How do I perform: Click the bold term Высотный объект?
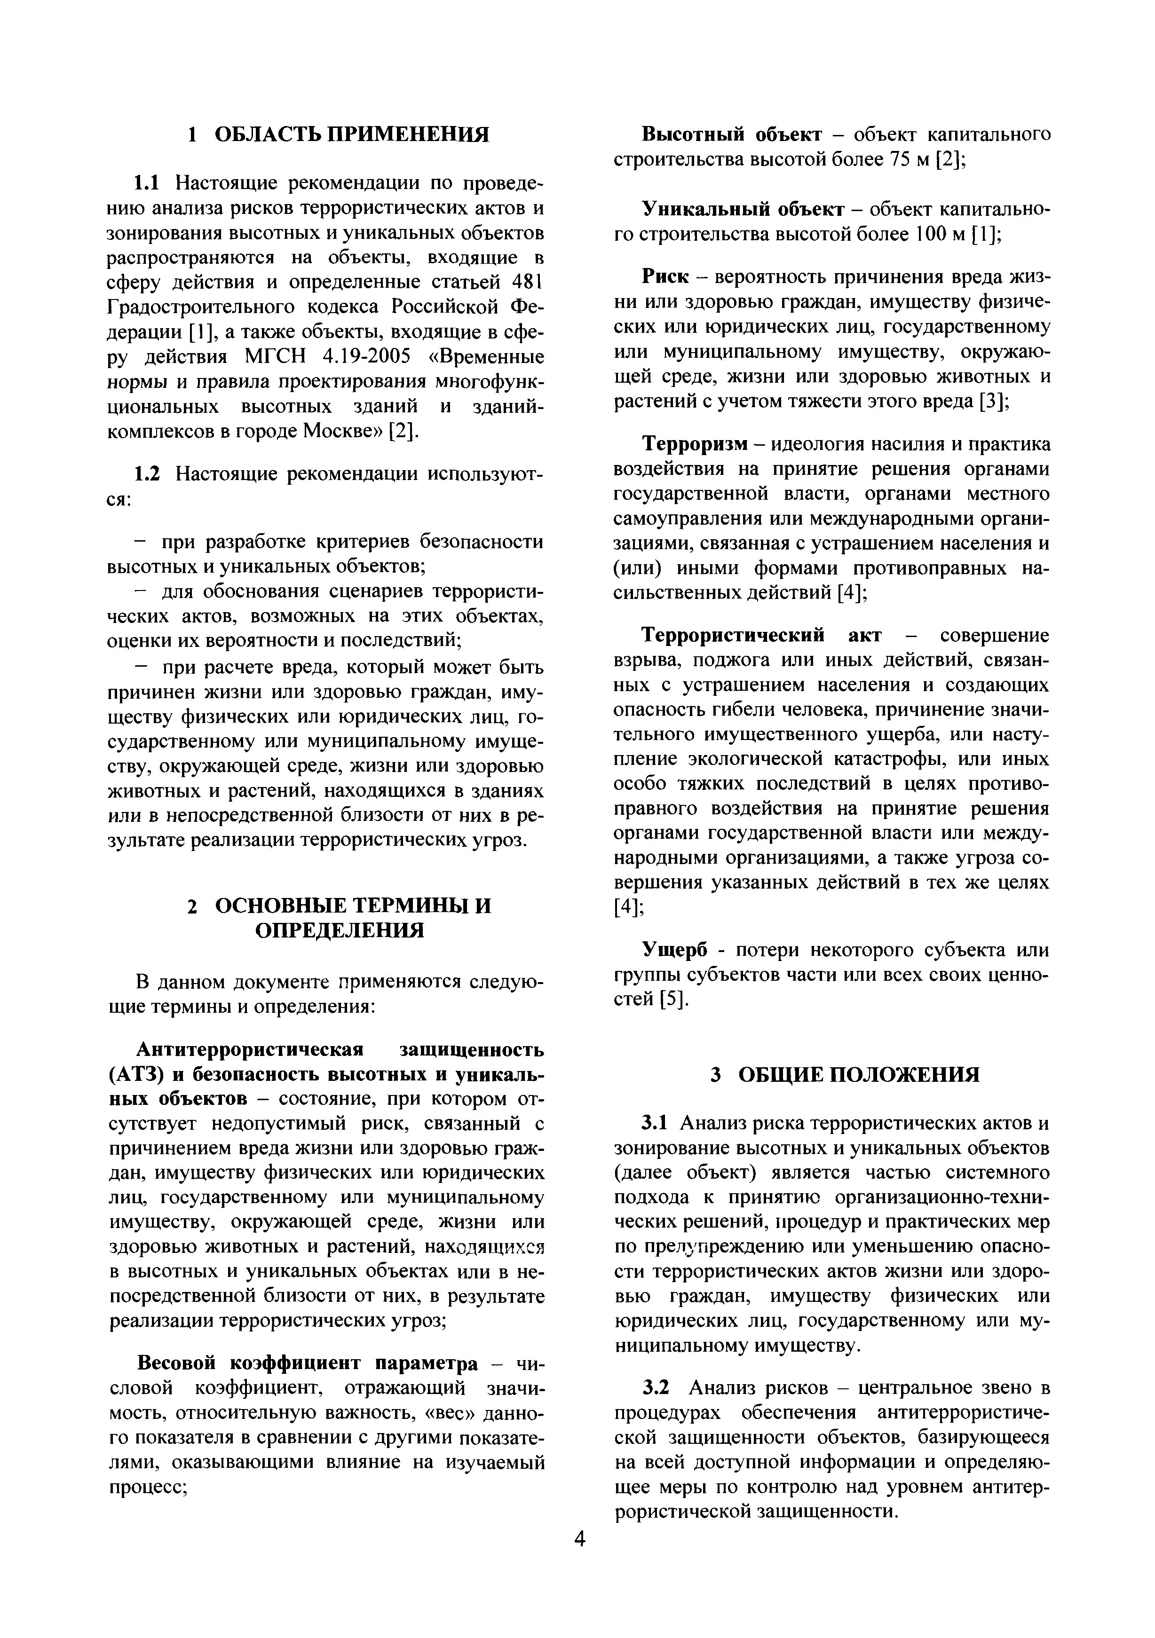732,134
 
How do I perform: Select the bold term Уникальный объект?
743,209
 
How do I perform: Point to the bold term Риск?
665,277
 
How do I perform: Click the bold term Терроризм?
694,444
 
